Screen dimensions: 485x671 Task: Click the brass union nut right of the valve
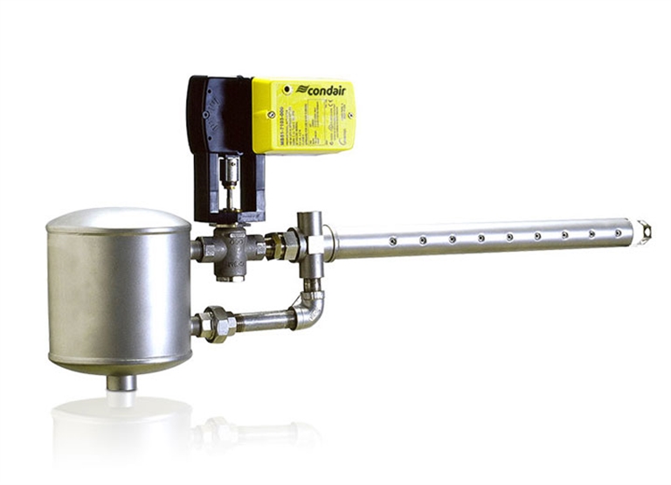pos(281,245)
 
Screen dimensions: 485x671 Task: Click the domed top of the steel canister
pos(118,218)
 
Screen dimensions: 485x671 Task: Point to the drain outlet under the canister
pos(121,382)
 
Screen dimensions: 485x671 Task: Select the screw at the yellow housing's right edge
pos(349,114)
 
